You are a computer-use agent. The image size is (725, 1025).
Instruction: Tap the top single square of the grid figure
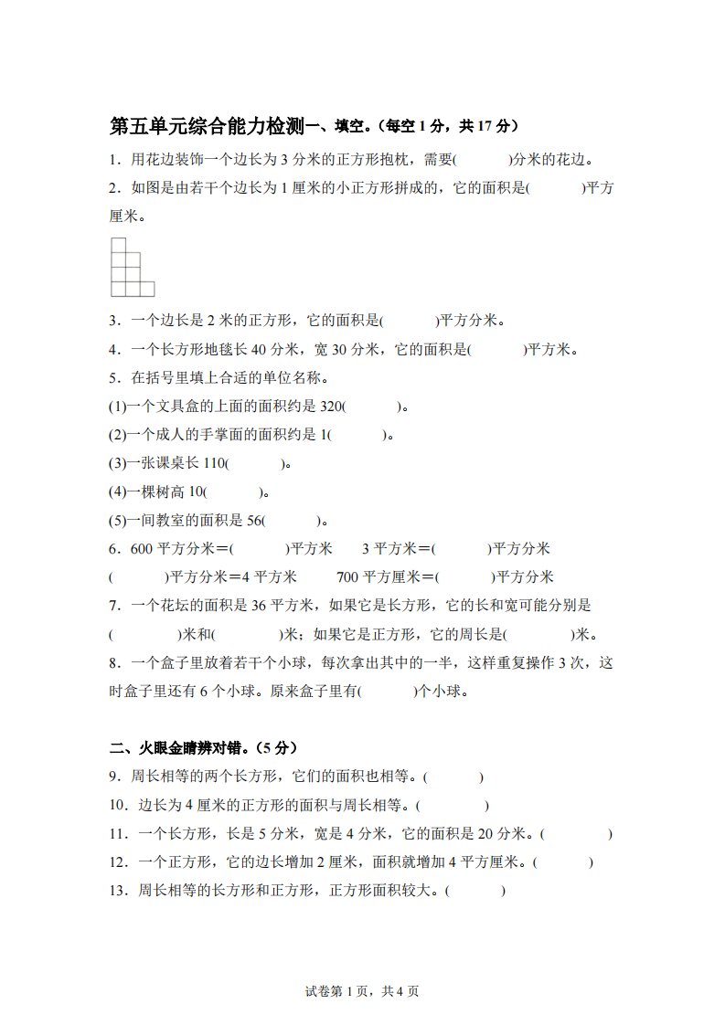coord(118,245)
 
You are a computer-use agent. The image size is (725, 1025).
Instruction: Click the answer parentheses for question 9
coord(454,777)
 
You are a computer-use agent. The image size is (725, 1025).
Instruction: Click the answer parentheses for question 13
coord(475,891)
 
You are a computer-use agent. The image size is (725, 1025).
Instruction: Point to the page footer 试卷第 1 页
coord(337,991)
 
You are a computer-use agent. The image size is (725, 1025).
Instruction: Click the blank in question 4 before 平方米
coord(496,349)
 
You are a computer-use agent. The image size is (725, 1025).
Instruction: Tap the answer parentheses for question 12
coord(562,862)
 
